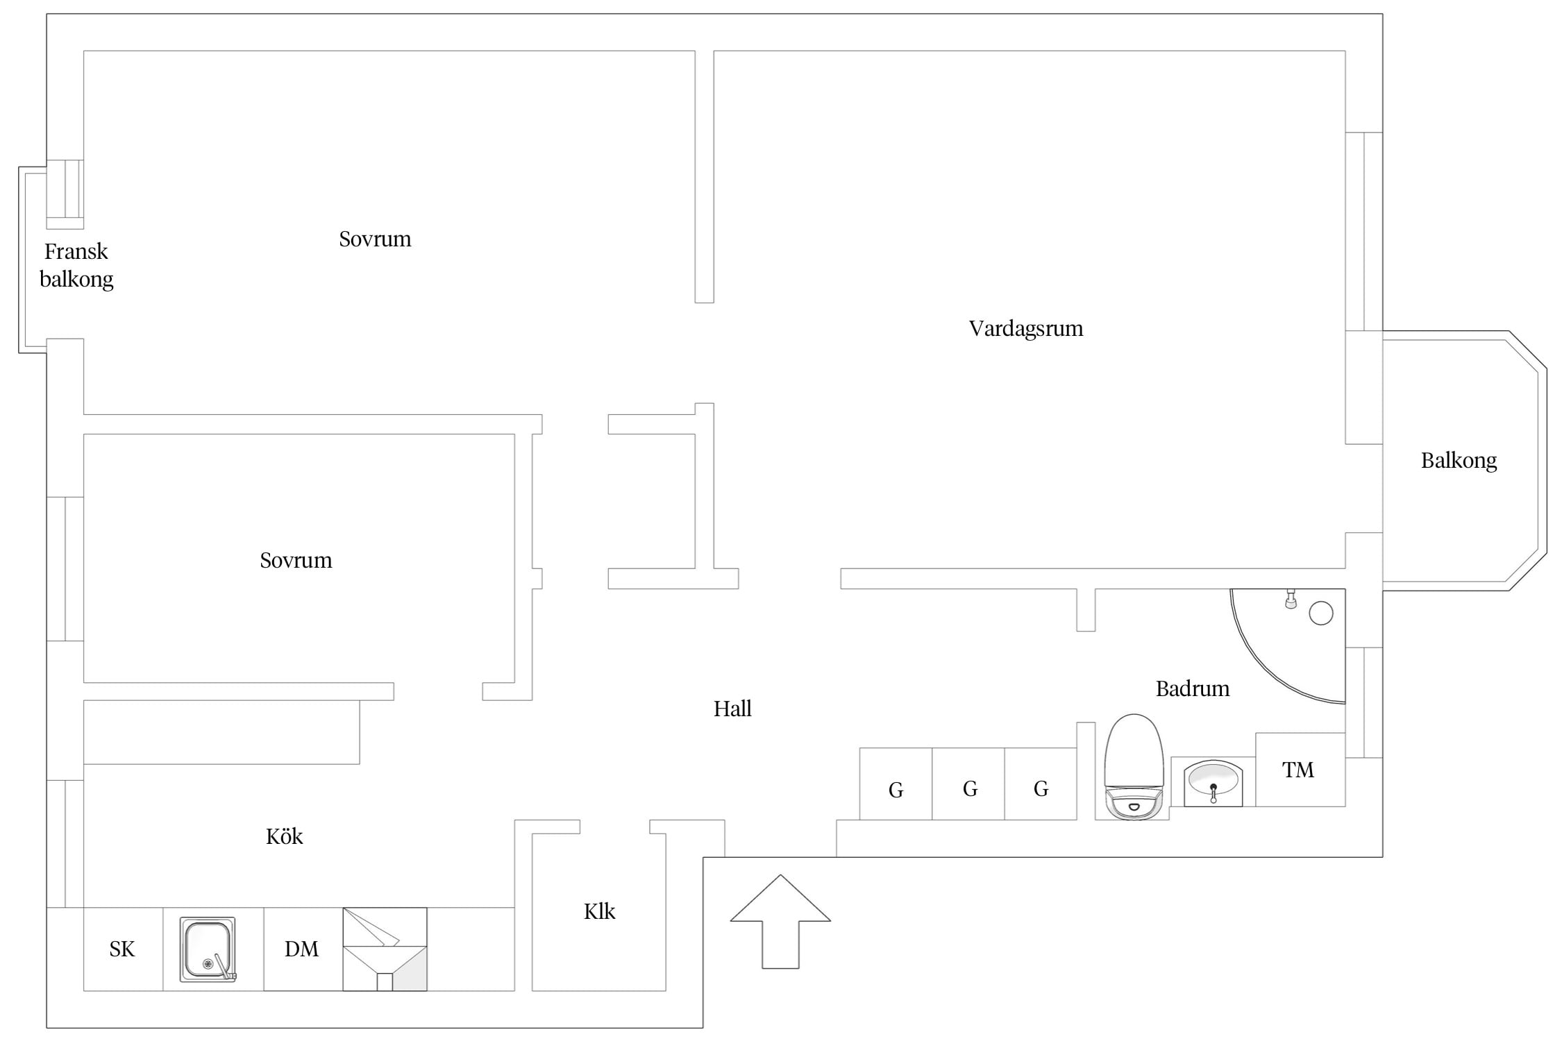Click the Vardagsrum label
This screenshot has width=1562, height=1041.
[x=1025, y=328]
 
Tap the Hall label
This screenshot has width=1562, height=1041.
[x=732, y=709]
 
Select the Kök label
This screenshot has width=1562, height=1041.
[x=284, y=836]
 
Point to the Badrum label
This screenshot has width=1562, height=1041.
[x=1192, y=688]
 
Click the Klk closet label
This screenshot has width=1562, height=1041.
[x=599, y=911]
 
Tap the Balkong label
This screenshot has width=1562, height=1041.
[x=1459, y=461]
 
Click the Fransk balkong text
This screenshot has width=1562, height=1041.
[x=76, y=265]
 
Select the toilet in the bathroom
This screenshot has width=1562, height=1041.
[x=1134, y=767]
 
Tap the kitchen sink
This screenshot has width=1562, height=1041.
[x=208, y=949]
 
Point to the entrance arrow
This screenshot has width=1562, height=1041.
[x=780, y=921]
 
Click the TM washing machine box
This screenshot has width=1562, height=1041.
[x=1300, y=770]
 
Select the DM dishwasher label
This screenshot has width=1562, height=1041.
[x=301, y=949]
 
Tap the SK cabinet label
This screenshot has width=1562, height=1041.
[x=122, y=949]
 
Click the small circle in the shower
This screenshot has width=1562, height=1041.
[x=1321, y=613]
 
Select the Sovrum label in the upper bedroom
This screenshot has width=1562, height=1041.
[x=375, y=239]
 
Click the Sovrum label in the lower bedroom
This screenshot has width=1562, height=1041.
[x=296, y=561]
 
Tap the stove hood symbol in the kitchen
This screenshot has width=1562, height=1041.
[x=385, y=949]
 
